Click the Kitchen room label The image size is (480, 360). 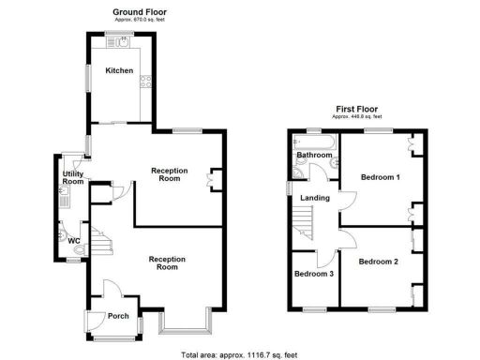pos(118,70)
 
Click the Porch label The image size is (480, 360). pos(118,315)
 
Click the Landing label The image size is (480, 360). pos(313,198)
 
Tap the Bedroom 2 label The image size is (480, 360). pos(379,262)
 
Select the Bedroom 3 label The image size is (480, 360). pos(313,275)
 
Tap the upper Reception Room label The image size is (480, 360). pos(171,174)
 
